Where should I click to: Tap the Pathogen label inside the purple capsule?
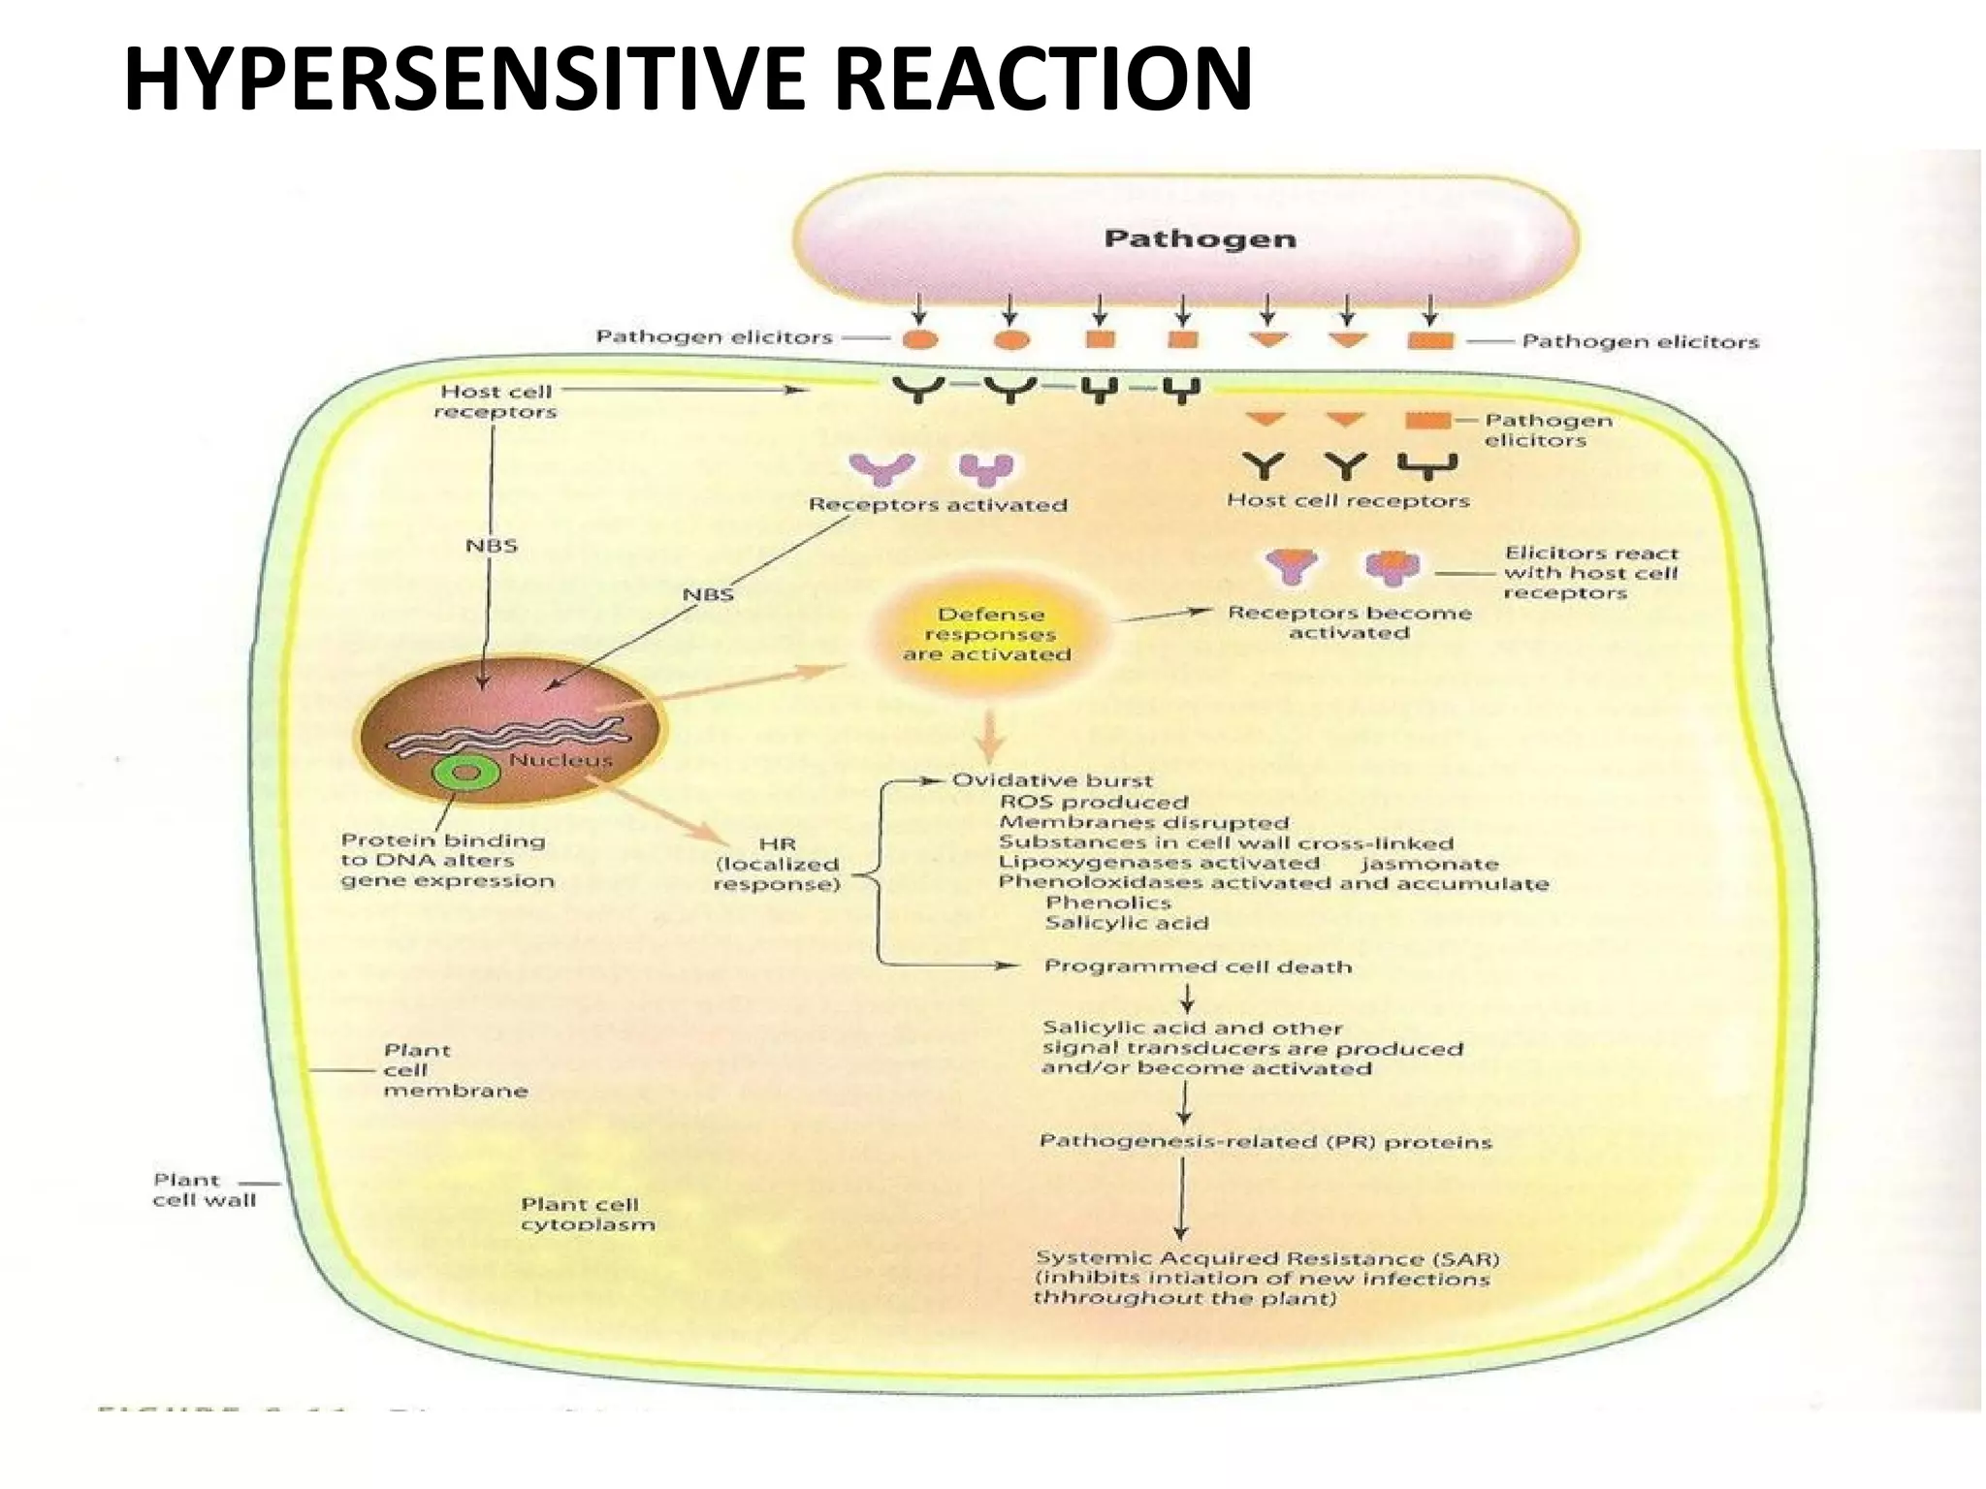[1200, 238]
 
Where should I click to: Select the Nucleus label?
[561, 760]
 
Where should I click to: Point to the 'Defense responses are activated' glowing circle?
[988, 635]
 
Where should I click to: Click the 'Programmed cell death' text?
[1198, 966]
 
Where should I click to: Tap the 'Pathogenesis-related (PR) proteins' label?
[1265, 1142]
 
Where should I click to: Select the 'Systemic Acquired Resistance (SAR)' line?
[1266, 1258]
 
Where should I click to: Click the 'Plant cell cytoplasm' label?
[588, 1214]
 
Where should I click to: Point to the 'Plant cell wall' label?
[204, 1189]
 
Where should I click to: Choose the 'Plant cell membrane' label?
[454, 1070]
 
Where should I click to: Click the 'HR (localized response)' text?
[777, 865]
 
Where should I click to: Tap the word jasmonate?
[1429, 864]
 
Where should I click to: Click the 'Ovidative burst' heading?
[1052, 780]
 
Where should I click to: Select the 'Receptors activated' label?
[938, 505]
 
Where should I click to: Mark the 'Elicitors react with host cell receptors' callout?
[1590, 573]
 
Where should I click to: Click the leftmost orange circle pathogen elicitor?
[919, 340]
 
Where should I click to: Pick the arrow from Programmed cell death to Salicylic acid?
[1187, 998]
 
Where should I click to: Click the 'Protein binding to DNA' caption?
[447, 861]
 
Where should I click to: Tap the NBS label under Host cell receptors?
[492, 546]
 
